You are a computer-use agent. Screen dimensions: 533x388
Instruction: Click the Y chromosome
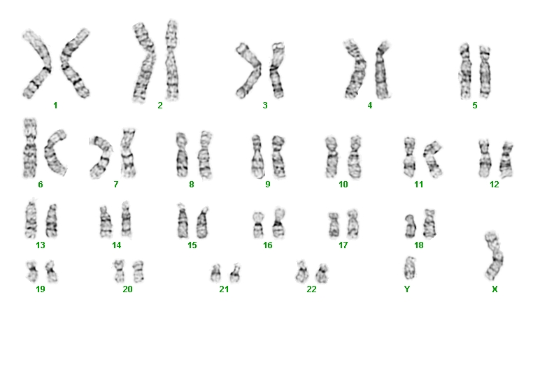[410, 268]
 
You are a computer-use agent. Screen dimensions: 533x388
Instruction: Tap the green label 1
[55, 106]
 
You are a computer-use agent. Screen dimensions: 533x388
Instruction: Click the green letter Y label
[407, 289]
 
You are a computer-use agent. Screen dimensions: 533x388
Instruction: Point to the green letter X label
[495, 289]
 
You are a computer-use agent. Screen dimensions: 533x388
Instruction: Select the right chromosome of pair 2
[171, 61]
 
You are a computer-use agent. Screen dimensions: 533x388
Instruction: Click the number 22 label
[311, 289]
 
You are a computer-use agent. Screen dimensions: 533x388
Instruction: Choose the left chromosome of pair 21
[215, 273]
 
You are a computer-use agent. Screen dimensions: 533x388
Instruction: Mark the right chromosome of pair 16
[278, 223]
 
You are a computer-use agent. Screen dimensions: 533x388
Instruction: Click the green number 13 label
[41, 245]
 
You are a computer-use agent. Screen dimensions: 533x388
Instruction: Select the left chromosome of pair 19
[32, 271]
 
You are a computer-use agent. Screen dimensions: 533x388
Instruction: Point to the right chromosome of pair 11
[432, 159]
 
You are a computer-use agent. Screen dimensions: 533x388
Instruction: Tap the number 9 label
[268, 184]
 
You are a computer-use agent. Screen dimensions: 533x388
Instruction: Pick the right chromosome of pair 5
[485, 72]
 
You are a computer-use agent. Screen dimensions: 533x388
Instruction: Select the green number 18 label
[419, 245]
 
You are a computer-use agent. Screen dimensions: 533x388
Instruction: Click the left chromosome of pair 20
[119, 271]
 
